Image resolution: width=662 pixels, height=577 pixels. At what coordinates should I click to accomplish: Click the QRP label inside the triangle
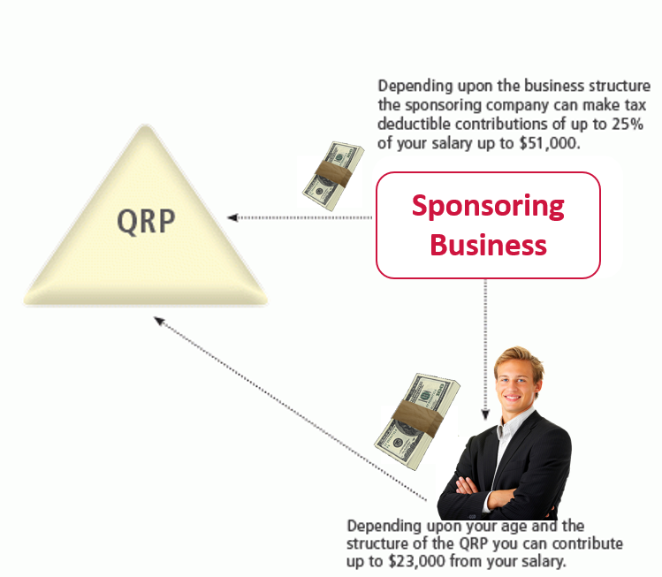(146, 221)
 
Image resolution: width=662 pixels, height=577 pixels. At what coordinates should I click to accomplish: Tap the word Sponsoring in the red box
(488, 207)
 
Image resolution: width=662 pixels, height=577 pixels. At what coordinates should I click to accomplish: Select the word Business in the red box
(488, 246)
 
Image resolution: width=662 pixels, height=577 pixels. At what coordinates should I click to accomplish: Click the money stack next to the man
(417, 421)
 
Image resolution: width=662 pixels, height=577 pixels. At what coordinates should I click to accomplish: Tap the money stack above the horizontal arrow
(333, 176)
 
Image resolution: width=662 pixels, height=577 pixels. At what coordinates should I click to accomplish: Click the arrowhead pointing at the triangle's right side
(232, 217)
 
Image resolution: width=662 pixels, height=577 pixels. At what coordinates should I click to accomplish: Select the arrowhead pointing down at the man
(485, 414)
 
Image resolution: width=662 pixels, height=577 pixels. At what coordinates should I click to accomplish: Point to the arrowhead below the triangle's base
(159, 322)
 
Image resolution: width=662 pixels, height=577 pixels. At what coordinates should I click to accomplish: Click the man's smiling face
(515, 386)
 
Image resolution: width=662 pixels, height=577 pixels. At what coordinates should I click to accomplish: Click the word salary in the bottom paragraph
(543, 561)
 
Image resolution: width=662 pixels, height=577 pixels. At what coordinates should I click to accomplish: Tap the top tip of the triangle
(146, 125)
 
